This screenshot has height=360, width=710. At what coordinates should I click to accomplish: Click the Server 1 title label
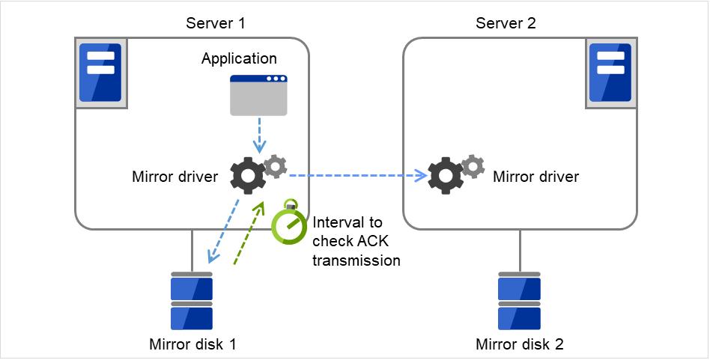216,23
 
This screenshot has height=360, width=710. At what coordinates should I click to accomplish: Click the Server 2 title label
506,23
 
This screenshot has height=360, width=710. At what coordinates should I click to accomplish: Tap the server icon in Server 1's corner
100,76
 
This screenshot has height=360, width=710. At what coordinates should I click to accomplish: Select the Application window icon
258,95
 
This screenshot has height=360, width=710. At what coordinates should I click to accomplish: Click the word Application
239,58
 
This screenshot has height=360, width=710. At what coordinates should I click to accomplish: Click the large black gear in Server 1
249,177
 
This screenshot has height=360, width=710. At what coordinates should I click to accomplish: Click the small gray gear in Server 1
276,166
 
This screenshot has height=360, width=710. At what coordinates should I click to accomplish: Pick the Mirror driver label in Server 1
175,177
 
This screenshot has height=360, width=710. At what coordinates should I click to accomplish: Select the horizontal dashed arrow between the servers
352,177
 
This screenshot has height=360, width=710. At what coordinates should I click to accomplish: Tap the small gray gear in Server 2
473,167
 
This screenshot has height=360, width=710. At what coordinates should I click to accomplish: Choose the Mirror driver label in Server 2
535,177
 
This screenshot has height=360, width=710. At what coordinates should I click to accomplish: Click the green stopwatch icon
289,223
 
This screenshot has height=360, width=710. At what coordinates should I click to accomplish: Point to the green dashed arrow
248,234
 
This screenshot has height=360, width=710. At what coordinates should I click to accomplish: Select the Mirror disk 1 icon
192,302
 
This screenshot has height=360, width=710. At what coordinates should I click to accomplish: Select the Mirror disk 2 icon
520,302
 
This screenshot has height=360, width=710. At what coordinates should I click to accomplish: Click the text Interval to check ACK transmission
356,242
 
